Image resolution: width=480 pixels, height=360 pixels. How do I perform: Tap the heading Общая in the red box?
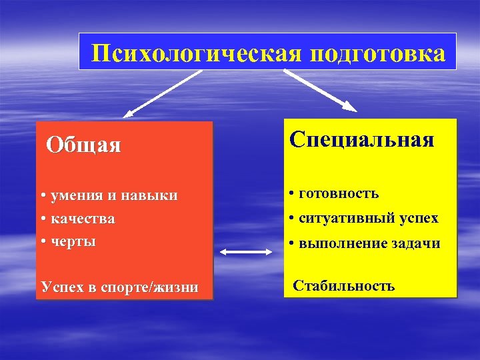coord(84,145)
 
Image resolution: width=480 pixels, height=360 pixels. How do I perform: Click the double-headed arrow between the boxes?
coord(245,251)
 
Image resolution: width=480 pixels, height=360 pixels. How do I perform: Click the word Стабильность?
coord(345,286)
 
